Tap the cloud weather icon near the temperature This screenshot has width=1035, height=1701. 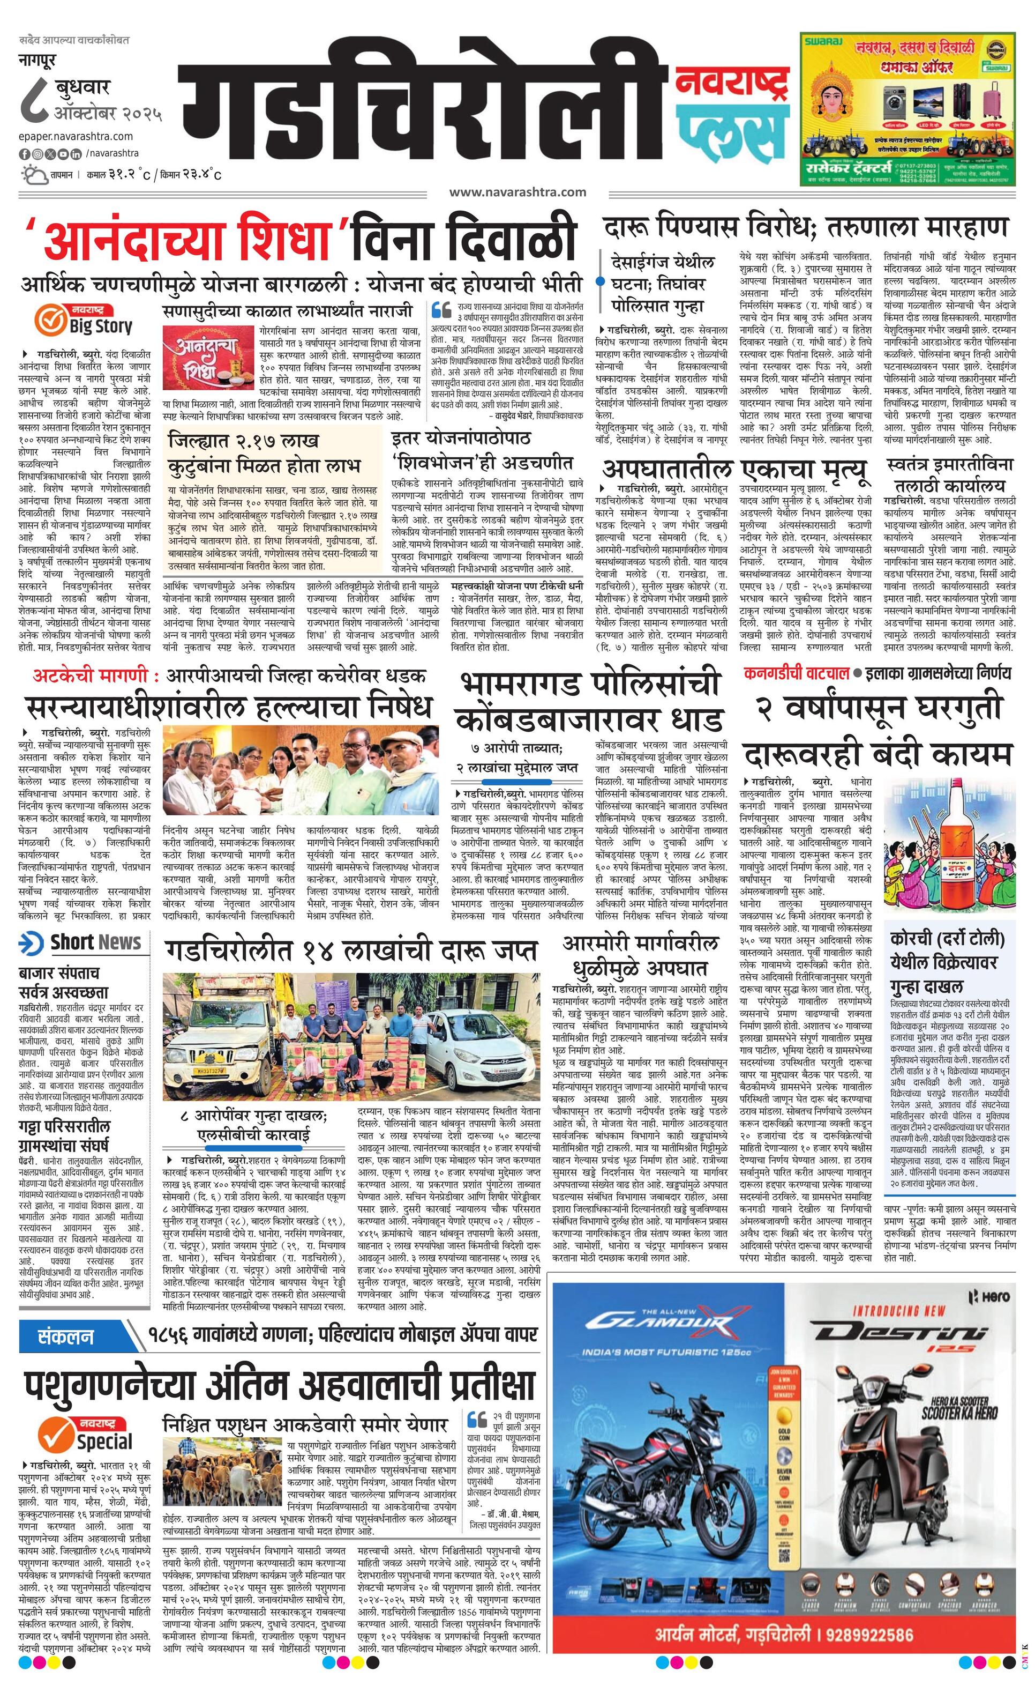32,173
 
